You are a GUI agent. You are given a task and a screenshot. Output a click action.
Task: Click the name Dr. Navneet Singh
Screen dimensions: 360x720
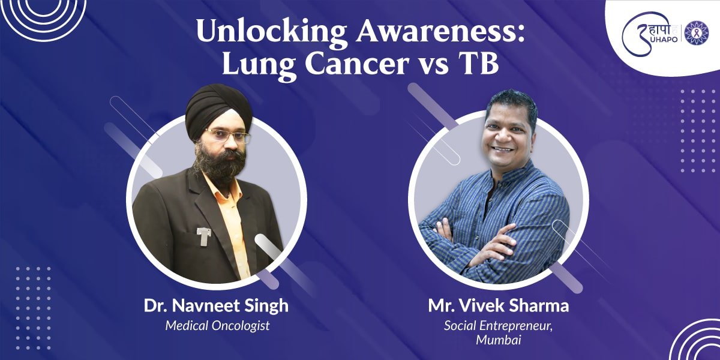tap(216, 305)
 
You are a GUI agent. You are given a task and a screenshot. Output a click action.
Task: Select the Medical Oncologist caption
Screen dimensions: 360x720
tap(217, 326)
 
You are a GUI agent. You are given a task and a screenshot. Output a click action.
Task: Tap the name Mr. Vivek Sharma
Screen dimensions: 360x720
tap(499, 305)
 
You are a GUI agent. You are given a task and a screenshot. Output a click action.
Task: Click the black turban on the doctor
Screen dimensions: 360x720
tap(218, 109)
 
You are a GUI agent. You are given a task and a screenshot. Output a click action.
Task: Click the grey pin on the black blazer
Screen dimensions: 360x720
tap(204, 236)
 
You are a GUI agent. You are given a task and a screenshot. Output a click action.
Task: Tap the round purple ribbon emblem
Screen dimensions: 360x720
tap(697, 32)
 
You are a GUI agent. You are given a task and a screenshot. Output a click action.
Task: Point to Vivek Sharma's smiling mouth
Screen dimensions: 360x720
tap(503, 148)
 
